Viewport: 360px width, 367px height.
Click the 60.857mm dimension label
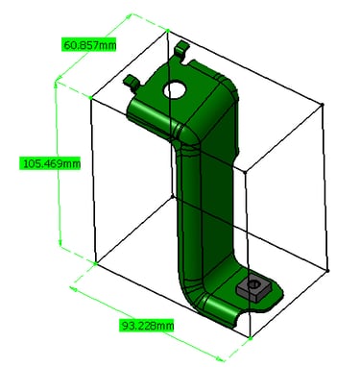[x=88, y=45]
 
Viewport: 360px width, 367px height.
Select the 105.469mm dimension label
[x=51, y=163]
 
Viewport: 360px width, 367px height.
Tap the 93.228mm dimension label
[x=147, y=326]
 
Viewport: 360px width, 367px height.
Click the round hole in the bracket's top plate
[x=175, y=89]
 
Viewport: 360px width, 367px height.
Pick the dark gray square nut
[x=253, y=286]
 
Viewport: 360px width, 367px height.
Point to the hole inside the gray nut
[x=254, y=283]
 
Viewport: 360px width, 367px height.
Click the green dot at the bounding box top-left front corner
[x=90, y=97]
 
